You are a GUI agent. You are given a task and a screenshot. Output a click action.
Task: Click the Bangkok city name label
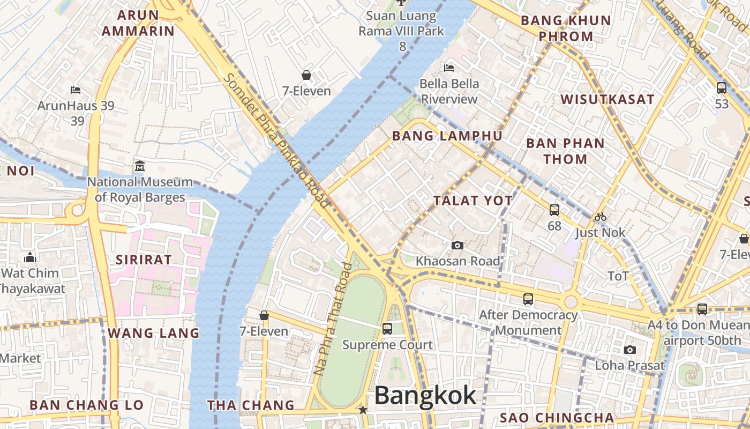(425, 396)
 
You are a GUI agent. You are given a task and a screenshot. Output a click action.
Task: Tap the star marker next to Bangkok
(363, 410)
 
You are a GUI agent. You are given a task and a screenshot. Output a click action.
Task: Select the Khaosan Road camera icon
(457, 245)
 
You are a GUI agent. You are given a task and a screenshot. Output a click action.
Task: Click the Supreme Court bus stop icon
(387, 328)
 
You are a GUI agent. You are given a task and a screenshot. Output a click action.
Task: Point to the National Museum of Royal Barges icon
(140, 166)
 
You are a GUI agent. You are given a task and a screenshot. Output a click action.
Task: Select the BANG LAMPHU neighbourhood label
(447, 136)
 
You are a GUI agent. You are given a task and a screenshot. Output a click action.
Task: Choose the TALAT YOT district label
(473, 201)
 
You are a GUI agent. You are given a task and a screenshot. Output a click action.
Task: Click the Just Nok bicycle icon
(601, 217)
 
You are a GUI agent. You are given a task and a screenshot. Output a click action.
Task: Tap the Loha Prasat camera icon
(630, 350)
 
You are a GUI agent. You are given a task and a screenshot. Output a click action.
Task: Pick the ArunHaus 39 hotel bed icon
(76, 90)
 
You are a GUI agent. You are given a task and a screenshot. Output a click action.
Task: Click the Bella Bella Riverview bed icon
(449, 68)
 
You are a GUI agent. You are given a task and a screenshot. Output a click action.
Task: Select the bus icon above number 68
(554, 210)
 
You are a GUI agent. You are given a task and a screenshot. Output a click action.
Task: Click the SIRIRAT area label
(144, 260)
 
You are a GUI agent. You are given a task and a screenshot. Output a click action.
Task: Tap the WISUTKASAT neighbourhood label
(607, 99)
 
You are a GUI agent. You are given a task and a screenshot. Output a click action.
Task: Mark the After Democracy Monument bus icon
(528, 299)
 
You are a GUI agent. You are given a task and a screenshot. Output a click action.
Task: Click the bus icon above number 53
(722, 87)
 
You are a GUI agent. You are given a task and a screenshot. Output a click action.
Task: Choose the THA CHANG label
(251, 405)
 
